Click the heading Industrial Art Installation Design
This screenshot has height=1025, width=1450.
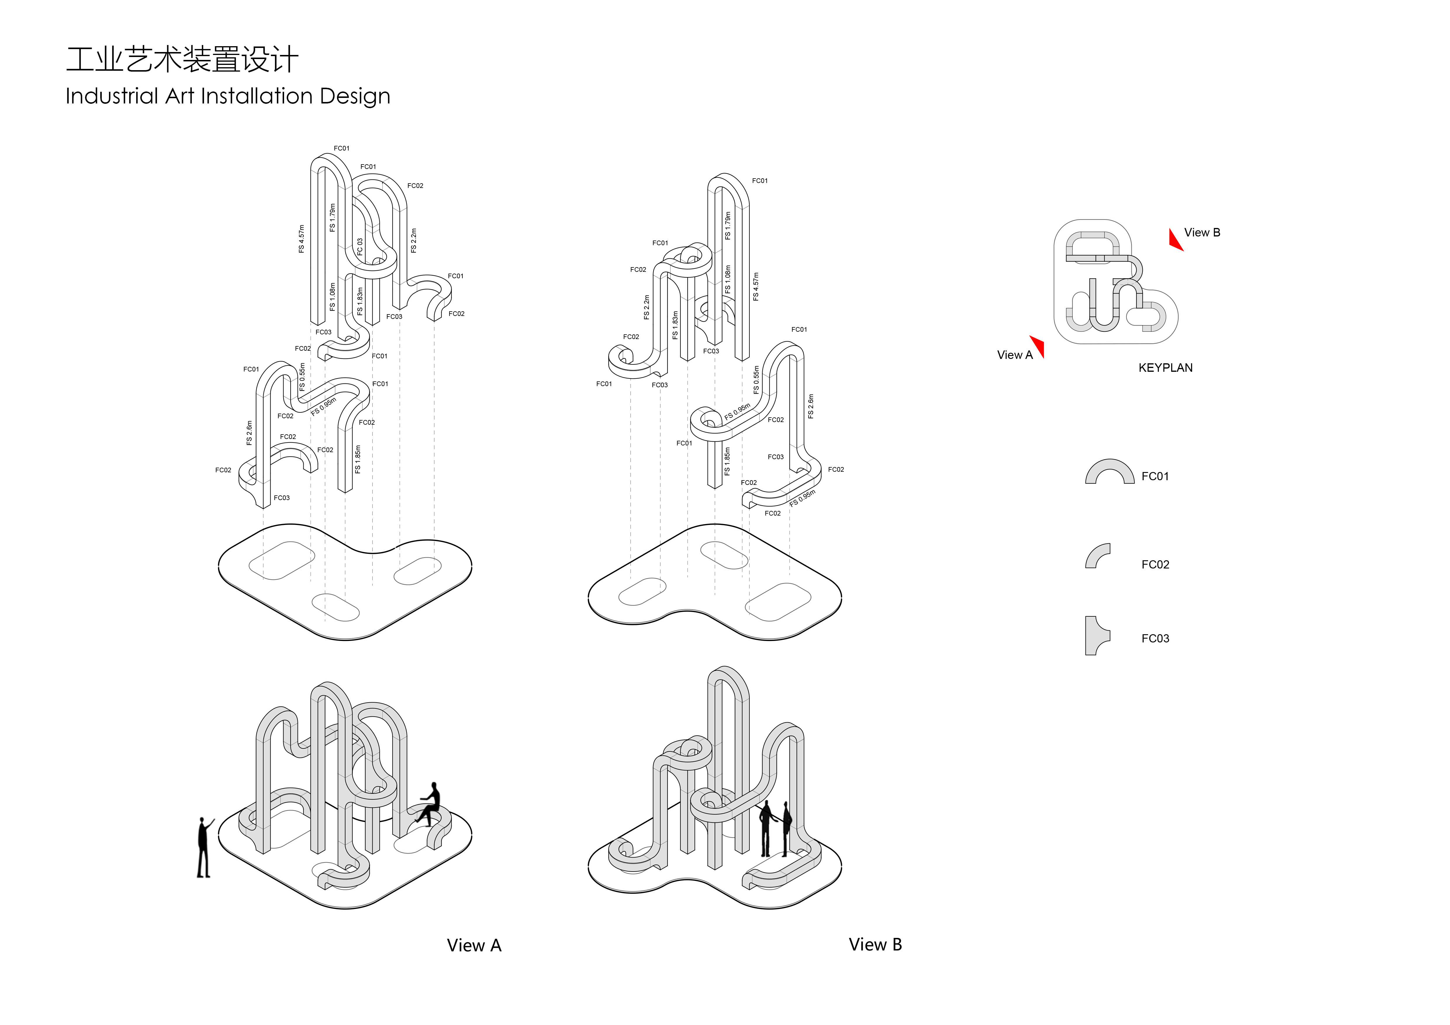pos(228,96)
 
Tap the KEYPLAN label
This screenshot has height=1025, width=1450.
pos(1165,368)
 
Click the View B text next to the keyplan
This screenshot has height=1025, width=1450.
pos(1202,232)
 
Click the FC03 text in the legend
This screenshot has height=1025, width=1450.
pos(1155,639)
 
